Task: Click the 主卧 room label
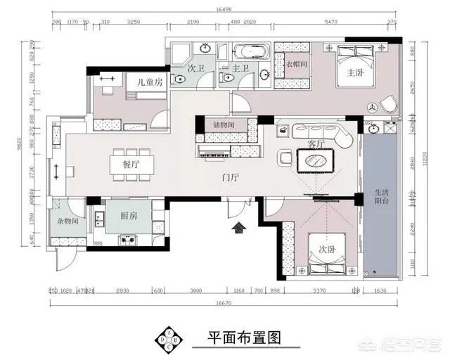coord(354,72)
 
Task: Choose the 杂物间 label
coord(67,221)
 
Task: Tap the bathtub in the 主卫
coord(250,51)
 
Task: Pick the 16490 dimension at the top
coord(225,10)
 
